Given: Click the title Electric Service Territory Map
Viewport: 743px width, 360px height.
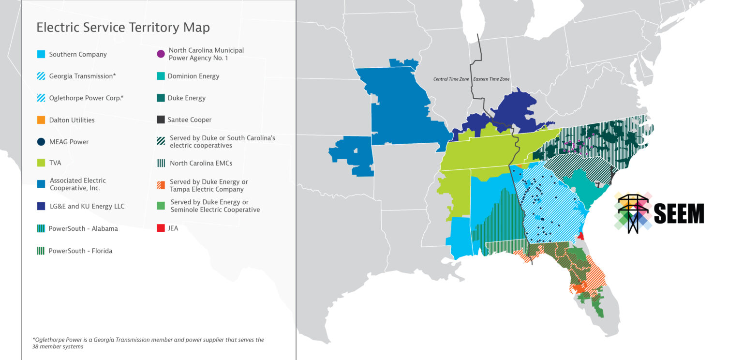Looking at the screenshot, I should click(123, 28).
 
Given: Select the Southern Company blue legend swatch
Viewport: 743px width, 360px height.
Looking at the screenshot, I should click(41, 54).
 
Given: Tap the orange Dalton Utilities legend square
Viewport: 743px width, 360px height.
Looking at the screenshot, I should click(41, 120).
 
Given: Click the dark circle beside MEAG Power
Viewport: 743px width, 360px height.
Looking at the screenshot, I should click(41, 142).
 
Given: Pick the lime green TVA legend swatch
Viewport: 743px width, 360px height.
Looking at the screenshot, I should click(41, 163).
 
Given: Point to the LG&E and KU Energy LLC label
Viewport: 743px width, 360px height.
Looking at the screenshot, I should click(87, 207).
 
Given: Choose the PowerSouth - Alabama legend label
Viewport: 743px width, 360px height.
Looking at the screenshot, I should click(83, 229).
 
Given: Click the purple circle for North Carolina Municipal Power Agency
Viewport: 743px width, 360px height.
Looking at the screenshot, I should click(161, 54).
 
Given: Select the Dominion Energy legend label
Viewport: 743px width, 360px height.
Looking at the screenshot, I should click(193, 76).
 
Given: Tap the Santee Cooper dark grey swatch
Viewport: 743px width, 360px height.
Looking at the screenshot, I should click(161, 120).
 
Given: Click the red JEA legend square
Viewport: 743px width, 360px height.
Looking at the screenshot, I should click(161, 228).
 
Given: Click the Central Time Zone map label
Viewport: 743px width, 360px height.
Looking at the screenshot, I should click(451, 79).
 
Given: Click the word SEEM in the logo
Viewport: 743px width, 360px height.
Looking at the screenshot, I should click(679, 213).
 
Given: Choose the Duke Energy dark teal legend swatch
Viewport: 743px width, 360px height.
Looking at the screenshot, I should click(161, 98).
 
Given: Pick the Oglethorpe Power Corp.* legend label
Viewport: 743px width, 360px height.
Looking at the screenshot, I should click(86, 98).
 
